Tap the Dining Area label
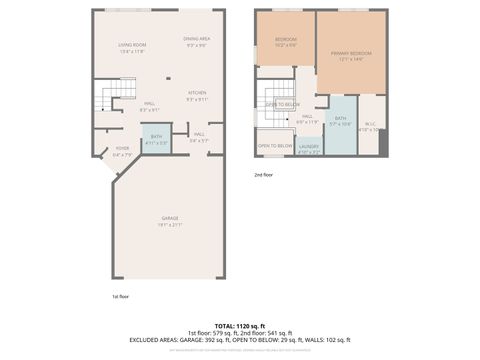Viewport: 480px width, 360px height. point(196,39)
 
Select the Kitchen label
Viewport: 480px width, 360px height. point(197,93)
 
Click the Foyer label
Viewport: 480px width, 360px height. point(122,149)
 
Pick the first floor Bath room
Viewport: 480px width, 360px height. point(156,138)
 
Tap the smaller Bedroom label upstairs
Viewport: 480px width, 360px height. point(286,39)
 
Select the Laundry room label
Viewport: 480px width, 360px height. point(309,147)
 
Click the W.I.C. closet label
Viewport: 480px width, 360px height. point(370,124)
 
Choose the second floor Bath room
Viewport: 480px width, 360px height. point(340,119)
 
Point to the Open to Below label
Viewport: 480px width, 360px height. point(275,146)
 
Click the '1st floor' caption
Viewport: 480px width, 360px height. point(120,296)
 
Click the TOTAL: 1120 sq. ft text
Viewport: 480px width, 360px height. point(240,326)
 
